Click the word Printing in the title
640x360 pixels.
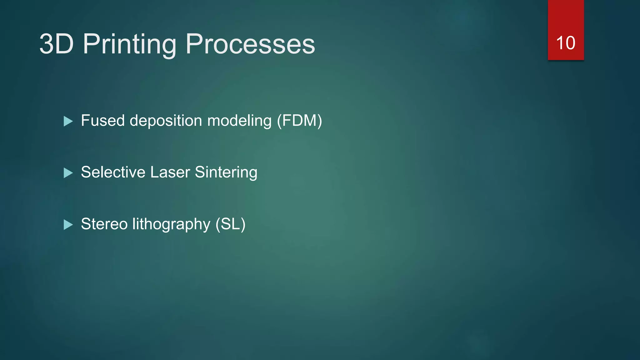tap(129, 44)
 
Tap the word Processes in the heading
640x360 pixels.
tap(250, 44)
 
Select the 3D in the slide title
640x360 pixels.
tap(57, 44)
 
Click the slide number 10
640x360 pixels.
tap(566, 43)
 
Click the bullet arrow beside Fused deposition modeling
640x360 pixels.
tap(68, 121)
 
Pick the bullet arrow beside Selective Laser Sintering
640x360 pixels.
tap(68, 173)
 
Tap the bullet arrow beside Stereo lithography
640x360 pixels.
tap(68, 225)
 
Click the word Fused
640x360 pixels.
tap(103, 121)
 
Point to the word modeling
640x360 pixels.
tap(239, 121)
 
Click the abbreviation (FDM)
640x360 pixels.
tap(299, 121)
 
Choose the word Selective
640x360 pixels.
tap(113, 172)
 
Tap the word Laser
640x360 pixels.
tap(170, 172)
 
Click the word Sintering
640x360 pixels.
tap(226, 172)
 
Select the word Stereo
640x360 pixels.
tap(104, 224)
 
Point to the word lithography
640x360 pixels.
tap(171, 224)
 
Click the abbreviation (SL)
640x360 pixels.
tap(230, 224)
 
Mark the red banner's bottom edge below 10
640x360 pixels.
tap(566, 59)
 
